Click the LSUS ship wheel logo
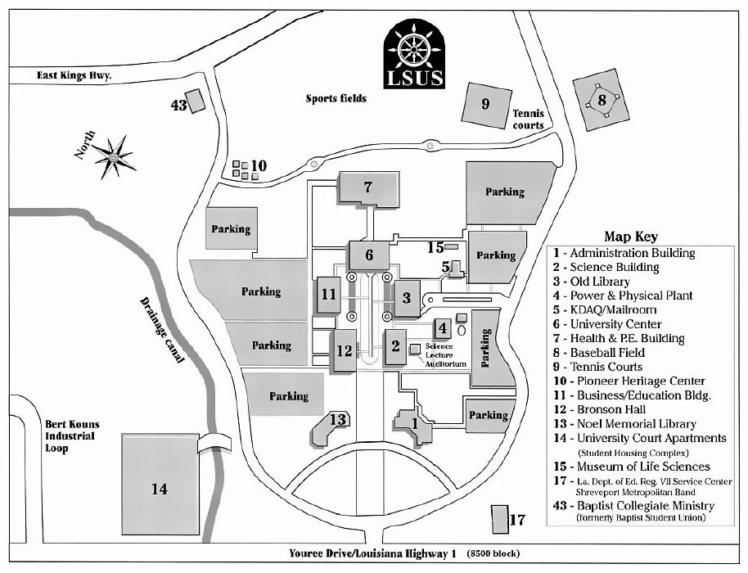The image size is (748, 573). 415,54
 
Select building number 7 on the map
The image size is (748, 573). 368,187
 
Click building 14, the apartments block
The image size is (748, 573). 160,489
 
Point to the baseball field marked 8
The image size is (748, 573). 602,102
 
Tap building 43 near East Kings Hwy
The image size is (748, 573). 196,102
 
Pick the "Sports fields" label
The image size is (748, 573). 336,98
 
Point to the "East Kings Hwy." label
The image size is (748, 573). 74,75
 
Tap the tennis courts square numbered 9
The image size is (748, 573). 485,104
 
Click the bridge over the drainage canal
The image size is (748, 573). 215,441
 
